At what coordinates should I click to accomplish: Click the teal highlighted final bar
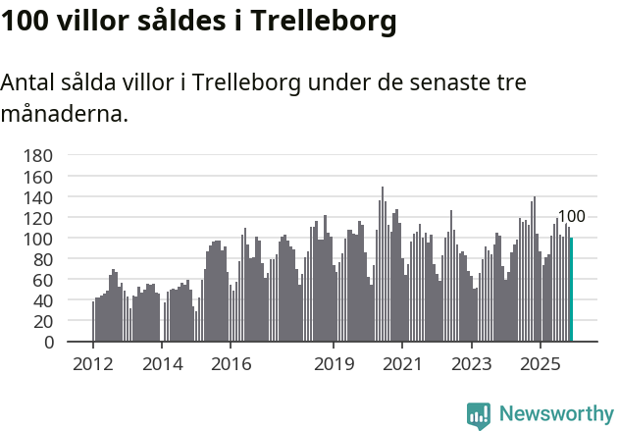571,290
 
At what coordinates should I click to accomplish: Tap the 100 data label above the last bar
571,217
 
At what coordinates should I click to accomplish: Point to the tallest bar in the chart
383,265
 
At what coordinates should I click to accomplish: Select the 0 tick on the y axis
47,343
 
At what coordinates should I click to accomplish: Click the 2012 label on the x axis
93,364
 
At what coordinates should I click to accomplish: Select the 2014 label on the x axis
162,364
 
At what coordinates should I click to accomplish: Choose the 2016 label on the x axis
231,364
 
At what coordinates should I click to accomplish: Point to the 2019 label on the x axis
334,364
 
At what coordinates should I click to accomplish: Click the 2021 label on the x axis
402,364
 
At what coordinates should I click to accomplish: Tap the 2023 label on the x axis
471,364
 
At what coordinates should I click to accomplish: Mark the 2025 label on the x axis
540,364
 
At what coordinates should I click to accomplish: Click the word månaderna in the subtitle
63,114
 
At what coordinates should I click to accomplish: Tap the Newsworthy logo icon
479,415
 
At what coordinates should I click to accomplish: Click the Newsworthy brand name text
556,414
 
